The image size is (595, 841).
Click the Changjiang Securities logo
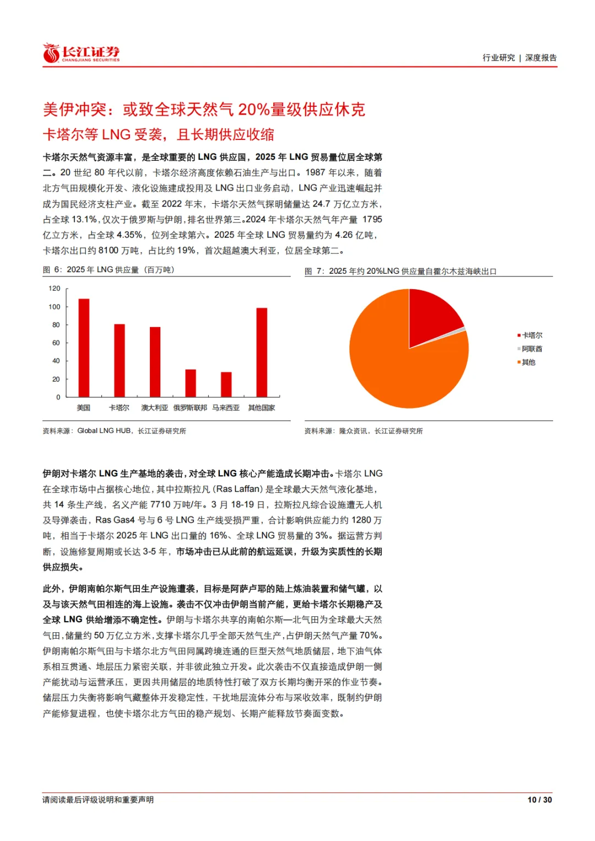[x=81, y=53]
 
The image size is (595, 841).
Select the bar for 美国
[x=84, y=348]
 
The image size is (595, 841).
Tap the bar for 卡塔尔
[x=120, y=360]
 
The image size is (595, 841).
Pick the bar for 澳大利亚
[x=155, y=362]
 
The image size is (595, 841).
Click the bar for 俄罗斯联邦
[x=191, y=383]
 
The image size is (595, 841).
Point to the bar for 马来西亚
[x=226, y=384]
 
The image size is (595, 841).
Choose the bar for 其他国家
[x=262, y=352]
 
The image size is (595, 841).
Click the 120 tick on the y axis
[x=55, y=289]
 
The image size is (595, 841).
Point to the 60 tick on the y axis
[x=56, y=343]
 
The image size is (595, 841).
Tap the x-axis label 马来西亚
[x=226, y=408]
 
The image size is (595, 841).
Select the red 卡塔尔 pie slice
[x=432, y=317]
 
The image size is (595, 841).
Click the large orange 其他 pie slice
[x=397, y=363]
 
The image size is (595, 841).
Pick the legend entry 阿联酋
[x=532, y=349]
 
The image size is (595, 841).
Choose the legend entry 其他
[x=528, y=362]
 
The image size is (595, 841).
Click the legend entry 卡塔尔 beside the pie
[x=532, y=335]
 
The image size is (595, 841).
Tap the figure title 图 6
[x=109, y=270]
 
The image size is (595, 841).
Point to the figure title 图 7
[x=401, y=272]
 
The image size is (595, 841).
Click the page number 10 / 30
[x=539, y=800]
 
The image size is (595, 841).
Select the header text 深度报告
[x=541, y=58]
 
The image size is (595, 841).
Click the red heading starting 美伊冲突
[x=204, y=110]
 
